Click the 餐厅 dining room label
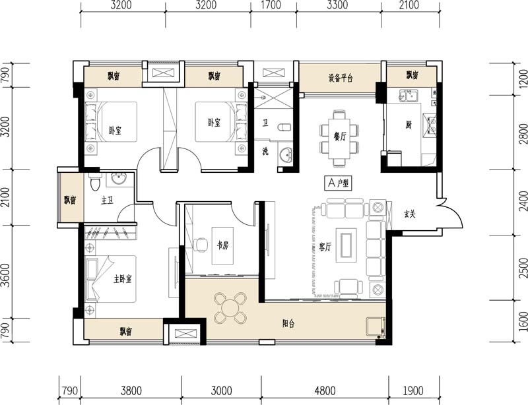340,137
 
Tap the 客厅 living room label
325,247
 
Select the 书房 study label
222,245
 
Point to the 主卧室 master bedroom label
123,279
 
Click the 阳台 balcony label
288,324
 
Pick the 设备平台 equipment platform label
341,78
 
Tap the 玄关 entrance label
410,214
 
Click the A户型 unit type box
339,183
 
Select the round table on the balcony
230,308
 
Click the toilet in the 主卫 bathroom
95,181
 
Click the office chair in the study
201,245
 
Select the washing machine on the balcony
376,327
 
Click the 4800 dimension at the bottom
325,390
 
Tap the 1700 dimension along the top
271,5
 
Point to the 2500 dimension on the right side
523,268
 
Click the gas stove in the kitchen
431,125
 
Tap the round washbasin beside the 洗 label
286,156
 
